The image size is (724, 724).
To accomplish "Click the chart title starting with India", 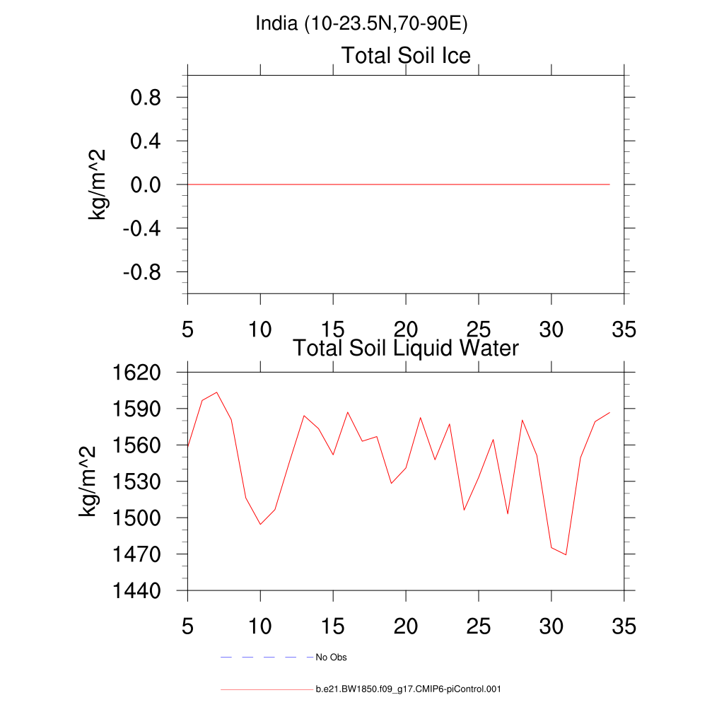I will tap(362, 24).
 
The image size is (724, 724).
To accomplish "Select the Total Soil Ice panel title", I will tap(406, 55).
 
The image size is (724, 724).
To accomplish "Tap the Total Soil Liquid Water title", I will tap(406, 348).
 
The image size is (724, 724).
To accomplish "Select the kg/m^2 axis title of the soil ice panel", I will tap(97, 185).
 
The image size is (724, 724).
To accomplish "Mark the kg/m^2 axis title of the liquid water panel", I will tap(88, 481).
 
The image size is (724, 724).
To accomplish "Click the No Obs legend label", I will tap(331, 658).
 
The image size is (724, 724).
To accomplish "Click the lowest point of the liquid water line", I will tap(566, 555).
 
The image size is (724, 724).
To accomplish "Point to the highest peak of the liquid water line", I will tap(217, 392).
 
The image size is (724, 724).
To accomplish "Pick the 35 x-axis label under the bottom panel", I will tap(624, 626).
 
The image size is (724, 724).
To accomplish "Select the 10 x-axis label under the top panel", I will tap(260, 329).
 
